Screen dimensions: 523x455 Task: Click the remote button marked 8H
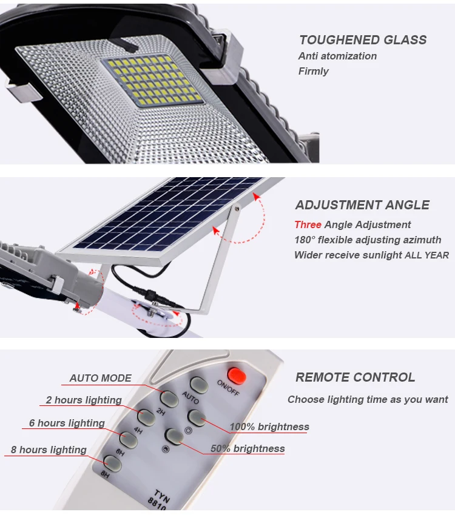click(113, 463)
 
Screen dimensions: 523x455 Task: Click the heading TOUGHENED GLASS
click(362, 40)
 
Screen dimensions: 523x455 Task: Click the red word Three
click(308, 224)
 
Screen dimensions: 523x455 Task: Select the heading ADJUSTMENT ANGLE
click(362, 205)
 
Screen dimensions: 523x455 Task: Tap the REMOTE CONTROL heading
click(355, 377)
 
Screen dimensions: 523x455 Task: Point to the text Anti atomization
click(337, 56)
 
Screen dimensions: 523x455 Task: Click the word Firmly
click(313, 71)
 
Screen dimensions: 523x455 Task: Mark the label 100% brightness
click(269, 427)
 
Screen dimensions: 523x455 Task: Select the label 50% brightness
click(247, 449)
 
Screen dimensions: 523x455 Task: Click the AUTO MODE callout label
click(100, 378)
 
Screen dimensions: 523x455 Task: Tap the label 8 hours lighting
click(49, 450)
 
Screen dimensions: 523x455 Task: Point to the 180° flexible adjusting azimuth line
click(368, 240)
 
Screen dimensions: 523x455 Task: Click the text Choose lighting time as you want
click(368, 399)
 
